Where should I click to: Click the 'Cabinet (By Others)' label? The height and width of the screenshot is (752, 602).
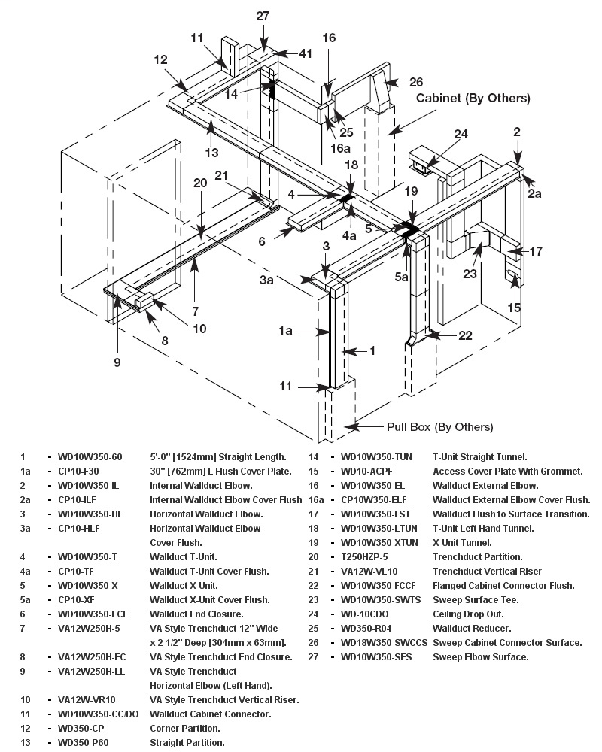point(473,98)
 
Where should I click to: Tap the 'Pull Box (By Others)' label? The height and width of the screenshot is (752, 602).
point(440,426)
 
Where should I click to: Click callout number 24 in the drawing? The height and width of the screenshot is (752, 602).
point(461,134)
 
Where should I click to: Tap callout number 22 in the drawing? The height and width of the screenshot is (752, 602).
point(466,335)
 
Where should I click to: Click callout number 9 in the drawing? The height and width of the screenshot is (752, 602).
point(117,362)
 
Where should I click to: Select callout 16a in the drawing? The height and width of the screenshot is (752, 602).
point(341,148)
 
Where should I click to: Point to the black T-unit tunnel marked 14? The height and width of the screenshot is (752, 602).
point(272,89)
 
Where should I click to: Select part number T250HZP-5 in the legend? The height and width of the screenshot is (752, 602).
point(365,556)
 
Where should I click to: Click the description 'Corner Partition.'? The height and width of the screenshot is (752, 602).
point(185,728)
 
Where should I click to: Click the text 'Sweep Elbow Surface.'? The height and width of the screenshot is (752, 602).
point(480,656)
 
